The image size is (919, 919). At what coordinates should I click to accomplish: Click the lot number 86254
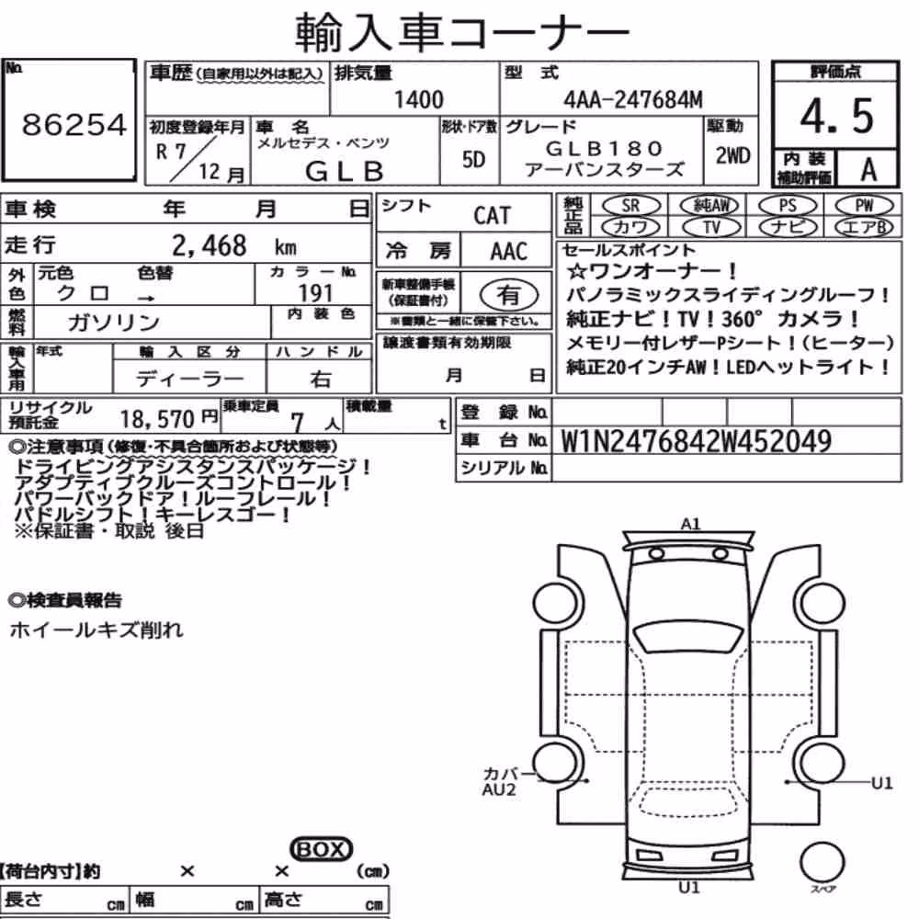74,124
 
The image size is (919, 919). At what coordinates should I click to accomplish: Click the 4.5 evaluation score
836,116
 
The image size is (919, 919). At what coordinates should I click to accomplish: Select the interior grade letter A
868,169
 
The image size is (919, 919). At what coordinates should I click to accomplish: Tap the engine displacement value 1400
418,99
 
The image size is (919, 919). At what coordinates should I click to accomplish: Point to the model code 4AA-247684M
633,99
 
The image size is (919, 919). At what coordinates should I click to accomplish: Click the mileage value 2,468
210,245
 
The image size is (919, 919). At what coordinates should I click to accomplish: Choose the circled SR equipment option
630,206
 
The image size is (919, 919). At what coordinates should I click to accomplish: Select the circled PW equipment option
864,206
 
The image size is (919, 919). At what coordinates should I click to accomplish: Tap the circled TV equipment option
711,227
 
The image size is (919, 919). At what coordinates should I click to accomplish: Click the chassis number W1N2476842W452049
697,441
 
